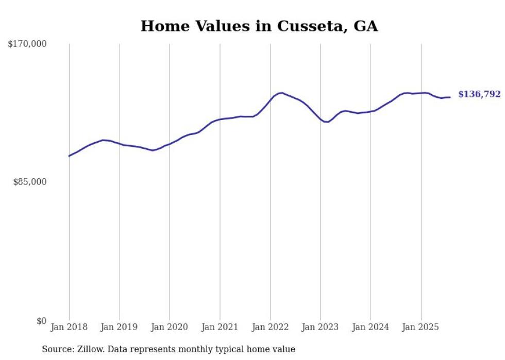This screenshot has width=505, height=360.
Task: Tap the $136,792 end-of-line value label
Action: [x=479, y=94]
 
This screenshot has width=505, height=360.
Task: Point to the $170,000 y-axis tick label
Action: [x=27, y=44]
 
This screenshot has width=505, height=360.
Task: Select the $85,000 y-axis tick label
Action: [x=29, y=182]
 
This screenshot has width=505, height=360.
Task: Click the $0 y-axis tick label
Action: [x=41, y=321]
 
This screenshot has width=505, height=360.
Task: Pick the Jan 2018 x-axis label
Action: [x=69, y=327]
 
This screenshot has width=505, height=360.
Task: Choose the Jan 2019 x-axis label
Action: [x=119, y=327]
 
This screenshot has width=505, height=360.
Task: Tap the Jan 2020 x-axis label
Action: [x=170, y=327]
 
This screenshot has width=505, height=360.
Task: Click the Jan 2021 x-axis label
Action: [x=220, y=327]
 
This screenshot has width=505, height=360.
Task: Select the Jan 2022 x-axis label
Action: [x=270, y=327]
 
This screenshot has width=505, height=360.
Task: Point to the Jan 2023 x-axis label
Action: [x=320, y=327]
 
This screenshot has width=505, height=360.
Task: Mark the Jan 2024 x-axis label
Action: [x=371, y=327]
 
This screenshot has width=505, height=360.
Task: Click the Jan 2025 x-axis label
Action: [x=420, y=327]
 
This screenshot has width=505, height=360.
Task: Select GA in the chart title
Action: [x=366, y=26]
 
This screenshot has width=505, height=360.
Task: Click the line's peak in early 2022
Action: [x=281, y=93]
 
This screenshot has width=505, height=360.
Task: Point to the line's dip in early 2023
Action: [x=326, y=122]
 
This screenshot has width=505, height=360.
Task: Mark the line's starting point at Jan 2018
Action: [x=69, y=156]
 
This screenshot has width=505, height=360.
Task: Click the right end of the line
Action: [x=450, y=97]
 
